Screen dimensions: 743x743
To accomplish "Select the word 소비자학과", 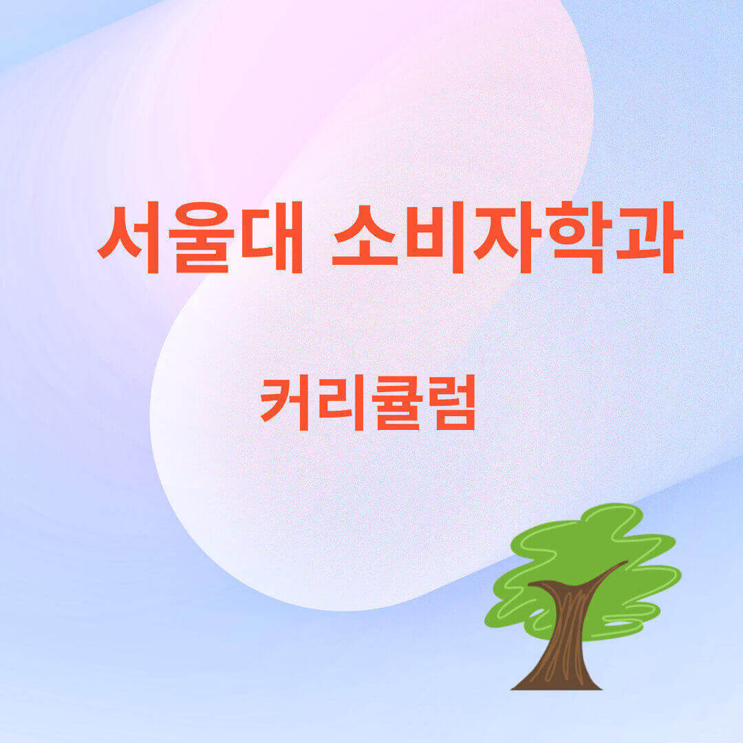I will click(507, 237).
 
